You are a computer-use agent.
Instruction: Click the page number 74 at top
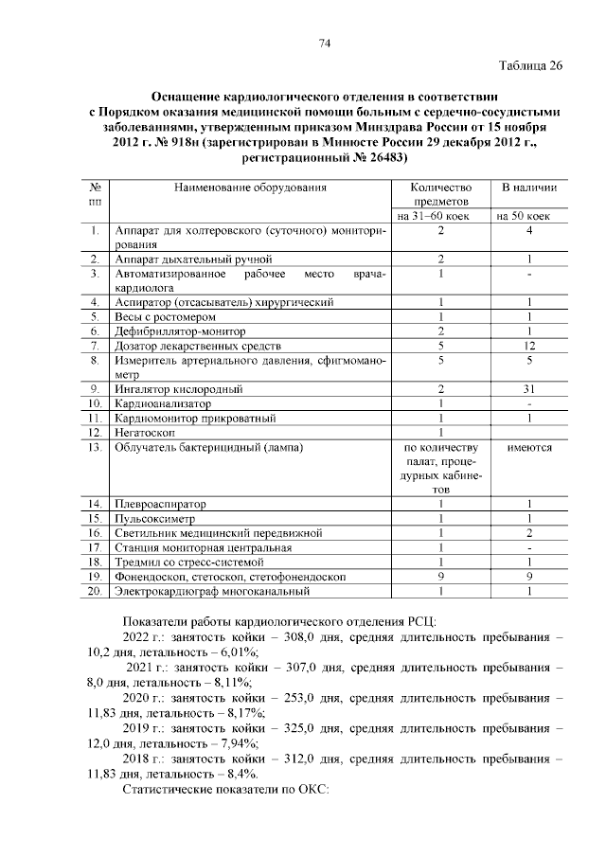pyautogui.click(x=325, y=44)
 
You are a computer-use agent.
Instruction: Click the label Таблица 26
pyautogui.click(x=530, y=65)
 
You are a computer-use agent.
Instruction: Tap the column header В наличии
pyautogui.click(x=529, y=187)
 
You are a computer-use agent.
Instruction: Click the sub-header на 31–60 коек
pyautogui.click(x=435, y=216)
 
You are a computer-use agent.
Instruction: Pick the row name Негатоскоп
pyautogui.click(x=151, y=432)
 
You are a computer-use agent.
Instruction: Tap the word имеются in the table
pyautogui.click(x=529, y=447)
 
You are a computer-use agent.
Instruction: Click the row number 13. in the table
pyautogui.click(x=95, y=447)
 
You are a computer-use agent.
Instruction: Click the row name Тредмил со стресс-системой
pyautogui.click(x=187, y=562)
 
